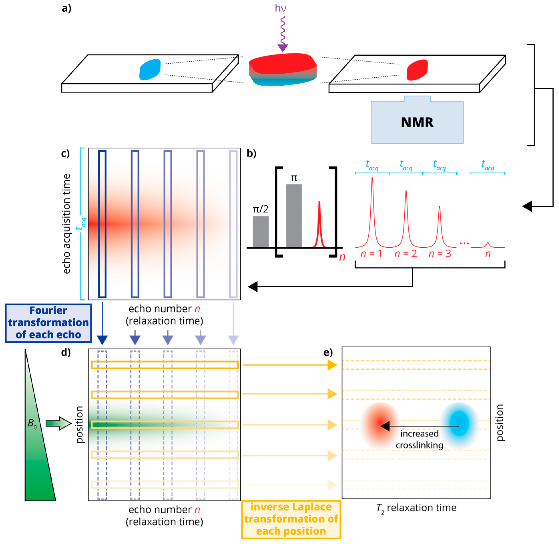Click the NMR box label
pyautogui.click(x=417, y=122)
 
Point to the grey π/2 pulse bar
pyautogui.click(x=260, y=231)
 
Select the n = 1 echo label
pyautogui.click(x=371, y=253)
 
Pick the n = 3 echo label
pyautogui.click(x=440, y=253)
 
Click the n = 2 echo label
pyautogui.click(x=405, y=253)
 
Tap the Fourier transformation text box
pyautogui.click(x=48, y=323)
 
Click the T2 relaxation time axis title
pyautogui.click(x=416, y=508)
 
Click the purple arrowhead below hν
pyautogui.click(x=283, y=48)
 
